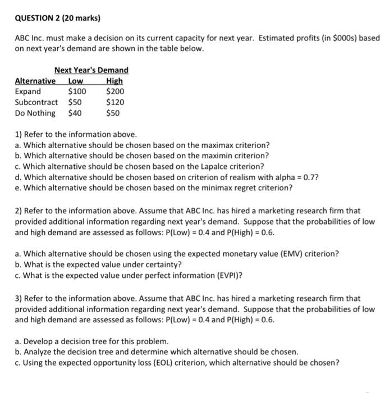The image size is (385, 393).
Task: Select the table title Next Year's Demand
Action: click(x=91, y=70)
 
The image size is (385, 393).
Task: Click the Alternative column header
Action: click(x=35, y=81)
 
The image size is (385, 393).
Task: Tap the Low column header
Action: click(x=76, y=81)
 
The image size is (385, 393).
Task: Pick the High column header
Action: click(x=114, y=81)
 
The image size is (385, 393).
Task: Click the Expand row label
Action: click(x=28, y=92)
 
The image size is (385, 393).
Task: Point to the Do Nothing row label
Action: click(x=35, y=113)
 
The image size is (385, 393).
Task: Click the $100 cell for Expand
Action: click(x=77, y=92)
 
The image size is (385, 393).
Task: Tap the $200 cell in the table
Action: click(x=115, y=92)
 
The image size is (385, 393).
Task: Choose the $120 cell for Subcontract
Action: click(x=115, y=102)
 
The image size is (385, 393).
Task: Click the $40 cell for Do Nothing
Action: click(x=75, y=113)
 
